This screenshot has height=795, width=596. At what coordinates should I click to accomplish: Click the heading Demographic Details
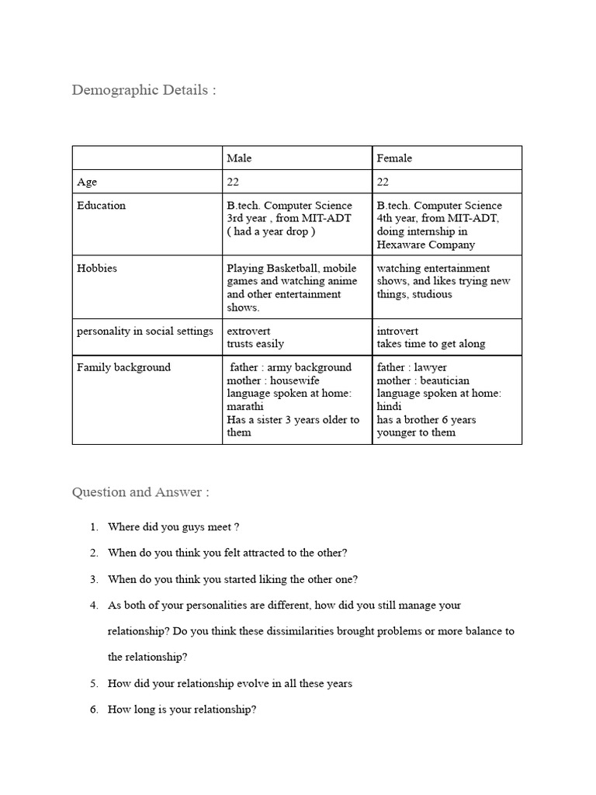144,90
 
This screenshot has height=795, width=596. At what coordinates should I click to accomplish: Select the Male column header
239,158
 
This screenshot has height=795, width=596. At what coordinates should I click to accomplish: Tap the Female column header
394,158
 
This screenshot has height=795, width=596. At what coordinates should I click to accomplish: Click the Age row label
87,182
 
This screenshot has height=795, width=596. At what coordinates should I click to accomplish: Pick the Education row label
101,206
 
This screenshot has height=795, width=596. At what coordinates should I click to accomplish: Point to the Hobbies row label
96,269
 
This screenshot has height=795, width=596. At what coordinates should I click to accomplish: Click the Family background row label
123,367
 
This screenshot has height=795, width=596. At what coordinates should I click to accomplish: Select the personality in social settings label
144,331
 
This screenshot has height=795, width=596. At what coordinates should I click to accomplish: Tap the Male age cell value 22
233,182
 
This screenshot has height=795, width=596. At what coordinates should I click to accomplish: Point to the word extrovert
248,331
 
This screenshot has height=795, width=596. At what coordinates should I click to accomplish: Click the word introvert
397,331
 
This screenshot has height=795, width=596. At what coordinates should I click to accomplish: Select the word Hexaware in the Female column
402,245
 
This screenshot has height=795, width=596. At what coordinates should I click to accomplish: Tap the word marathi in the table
245,407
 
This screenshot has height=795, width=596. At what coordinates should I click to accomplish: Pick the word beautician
445,380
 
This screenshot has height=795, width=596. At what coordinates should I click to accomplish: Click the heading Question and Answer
140,492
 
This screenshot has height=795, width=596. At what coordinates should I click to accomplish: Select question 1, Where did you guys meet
173,526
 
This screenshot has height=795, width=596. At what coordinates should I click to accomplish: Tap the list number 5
93,683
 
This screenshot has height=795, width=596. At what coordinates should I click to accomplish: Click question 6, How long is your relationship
182,709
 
